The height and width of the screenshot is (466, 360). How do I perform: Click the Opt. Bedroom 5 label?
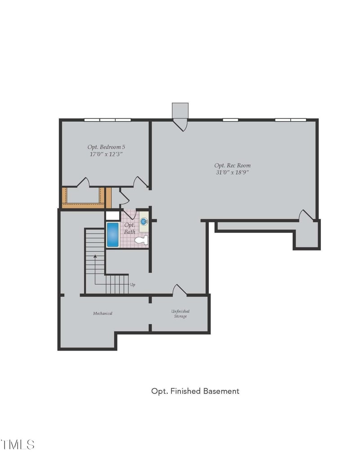pyautogui.click(x=106, y=147)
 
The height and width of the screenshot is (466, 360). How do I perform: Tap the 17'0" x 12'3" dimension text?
pyautogui.click(x=106, y=154)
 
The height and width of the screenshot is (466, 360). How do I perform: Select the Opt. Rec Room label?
pyautogui.click(x=232, y=166)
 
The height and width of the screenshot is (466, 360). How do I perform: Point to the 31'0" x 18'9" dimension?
pyautogui.click(x=232, y=172)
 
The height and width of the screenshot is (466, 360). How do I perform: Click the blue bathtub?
pyautogui.click(x=112, y=235)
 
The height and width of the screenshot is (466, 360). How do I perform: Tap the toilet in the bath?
pyautogui.click(x=141, y=240)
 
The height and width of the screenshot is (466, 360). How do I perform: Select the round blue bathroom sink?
pyautogui.click(x=144, y=222)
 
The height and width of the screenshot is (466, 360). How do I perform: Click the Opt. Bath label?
pyautogui.click(x=130, y=228)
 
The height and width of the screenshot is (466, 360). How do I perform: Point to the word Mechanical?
pyautogui.click(x=103, y=313)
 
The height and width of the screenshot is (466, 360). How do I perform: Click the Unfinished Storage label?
pyautogui.click(x=180, y=313)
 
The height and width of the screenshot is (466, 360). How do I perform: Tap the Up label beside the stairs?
pyautogui.click(x=132, y=285)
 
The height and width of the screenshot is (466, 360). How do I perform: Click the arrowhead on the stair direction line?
pyautogui.click(x=95, y=256)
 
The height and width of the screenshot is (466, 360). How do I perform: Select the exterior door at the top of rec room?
pyautogui.click(x=180, y=125)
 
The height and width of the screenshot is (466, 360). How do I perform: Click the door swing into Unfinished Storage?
pyautogui.click(x=180, y=290)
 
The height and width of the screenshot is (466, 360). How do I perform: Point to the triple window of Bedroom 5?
pyautogui.click(x=108, y=120)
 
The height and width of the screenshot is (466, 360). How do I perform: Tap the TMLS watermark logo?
pyautogui.click(x=18, y=444)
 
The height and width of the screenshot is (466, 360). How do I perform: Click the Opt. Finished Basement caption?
pyautogui.click(x=195, y=391)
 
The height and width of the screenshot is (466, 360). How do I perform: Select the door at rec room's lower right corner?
pyautogui.click(x=306, y=215)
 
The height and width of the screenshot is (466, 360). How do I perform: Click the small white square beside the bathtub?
pyautogui.click(x=112, y=216)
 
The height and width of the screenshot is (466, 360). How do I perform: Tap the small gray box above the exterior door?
pyautogui.click(x=180, y=111)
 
